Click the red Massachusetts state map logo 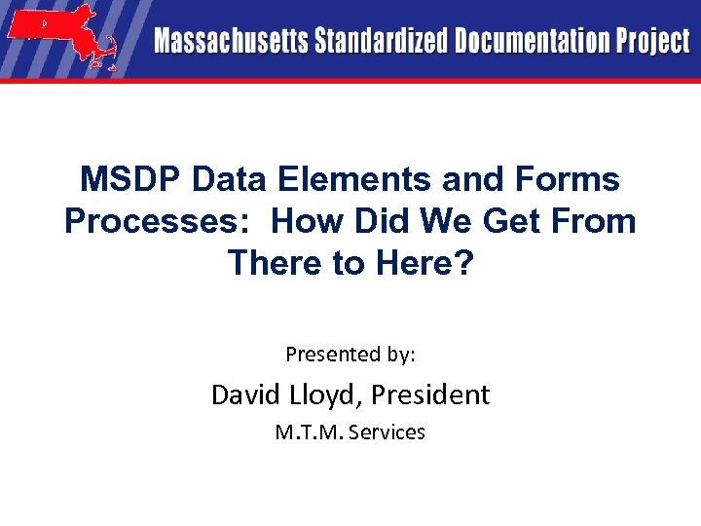click(59, 37)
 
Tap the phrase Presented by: click(350, 355)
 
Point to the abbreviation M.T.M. click(309, 432)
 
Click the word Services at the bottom click(387, 432)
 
